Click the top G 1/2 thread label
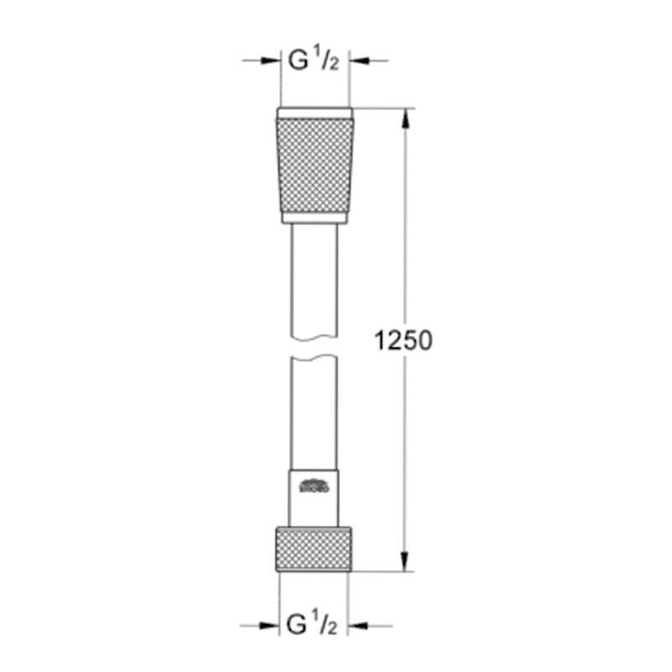[x=313, y=62]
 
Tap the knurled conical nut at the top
[x=314, y=165]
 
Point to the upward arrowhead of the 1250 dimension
[x=407, y=117]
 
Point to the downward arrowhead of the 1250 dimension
[x=407, y=564]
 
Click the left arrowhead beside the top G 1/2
[x=271, y=60]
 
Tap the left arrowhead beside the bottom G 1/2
[x=271, y=626]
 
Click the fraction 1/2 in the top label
[x=328, y=62]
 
